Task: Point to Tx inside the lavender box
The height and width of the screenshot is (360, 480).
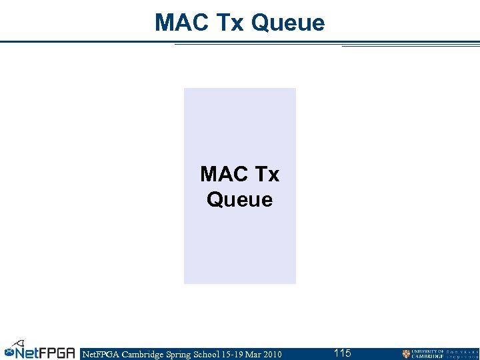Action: click(267, 175)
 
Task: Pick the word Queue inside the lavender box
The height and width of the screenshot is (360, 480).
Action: click(240, 199)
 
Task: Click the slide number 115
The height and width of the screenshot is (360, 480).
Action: click(343, 353)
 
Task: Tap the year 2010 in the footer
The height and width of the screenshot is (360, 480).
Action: click(272, 354)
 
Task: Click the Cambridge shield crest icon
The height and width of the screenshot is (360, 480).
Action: click(406, 354)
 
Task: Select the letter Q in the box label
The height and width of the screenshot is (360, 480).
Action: click(215, 199)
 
